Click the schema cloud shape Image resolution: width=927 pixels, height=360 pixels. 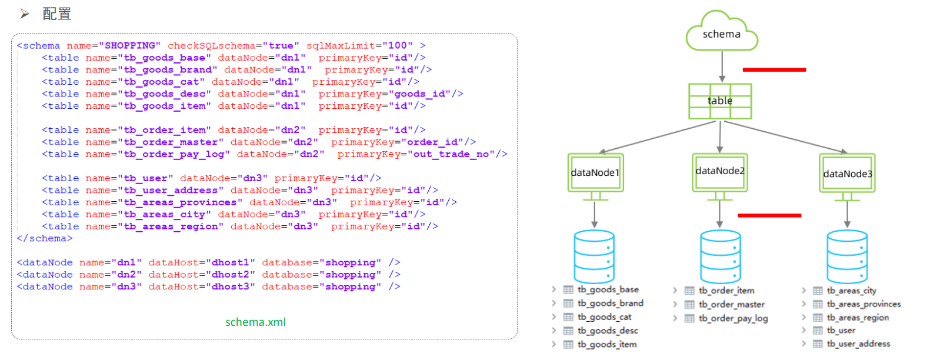point(722,31)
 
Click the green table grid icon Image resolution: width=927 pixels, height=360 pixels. point(720,101)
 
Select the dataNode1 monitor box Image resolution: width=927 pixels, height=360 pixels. point(595,173)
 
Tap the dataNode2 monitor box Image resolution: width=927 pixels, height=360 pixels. point(720,172)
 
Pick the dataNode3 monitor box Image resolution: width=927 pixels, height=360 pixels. point(847,174)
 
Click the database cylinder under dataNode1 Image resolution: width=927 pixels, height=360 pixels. point(594,256)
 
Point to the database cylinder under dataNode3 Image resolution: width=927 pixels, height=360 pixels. point(847,256)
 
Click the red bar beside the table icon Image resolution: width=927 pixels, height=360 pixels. point(774,70)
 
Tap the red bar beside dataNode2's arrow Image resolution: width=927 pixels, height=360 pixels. point(770,215)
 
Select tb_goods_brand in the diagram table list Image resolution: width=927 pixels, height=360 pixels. point(611,304)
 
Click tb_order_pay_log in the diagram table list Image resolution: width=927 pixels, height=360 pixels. point(733,318)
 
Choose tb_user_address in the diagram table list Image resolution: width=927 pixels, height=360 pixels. point(858,344)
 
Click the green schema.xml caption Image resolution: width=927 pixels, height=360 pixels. point(255,322)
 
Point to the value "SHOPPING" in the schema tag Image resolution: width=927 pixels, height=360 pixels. point(129,45)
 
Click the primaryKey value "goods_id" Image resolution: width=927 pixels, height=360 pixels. point(419,94)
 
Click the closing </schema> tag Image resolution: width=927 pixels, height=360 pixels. point(45,239)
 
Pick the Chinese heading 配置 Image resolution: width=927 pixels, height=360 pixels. point(56,14)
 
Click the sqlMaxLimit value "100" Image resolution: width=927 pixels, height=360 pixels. point(397,45)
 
